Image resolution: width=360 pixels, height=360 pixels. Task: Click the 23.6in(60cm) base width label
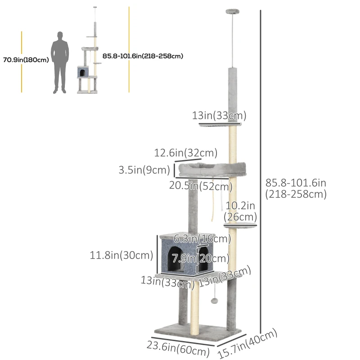pos(178,348)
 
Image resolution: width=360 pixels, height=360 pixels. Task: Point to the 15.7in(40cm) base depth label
pos(247,343)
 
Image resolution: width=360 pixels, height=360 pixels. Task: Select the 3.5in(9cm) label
pos(144,171)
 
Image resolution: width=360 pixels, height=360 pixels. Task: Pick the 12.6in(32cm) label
pos(186,153)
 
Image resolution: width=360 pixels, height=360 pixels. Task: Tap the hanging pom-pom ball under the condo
pos(216,300)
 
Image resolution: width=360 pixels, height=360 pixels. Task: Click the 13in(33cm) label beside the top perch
pos(219,116)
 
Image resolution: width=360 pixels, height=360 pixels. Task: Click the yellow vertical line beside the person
pos(22,62)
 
